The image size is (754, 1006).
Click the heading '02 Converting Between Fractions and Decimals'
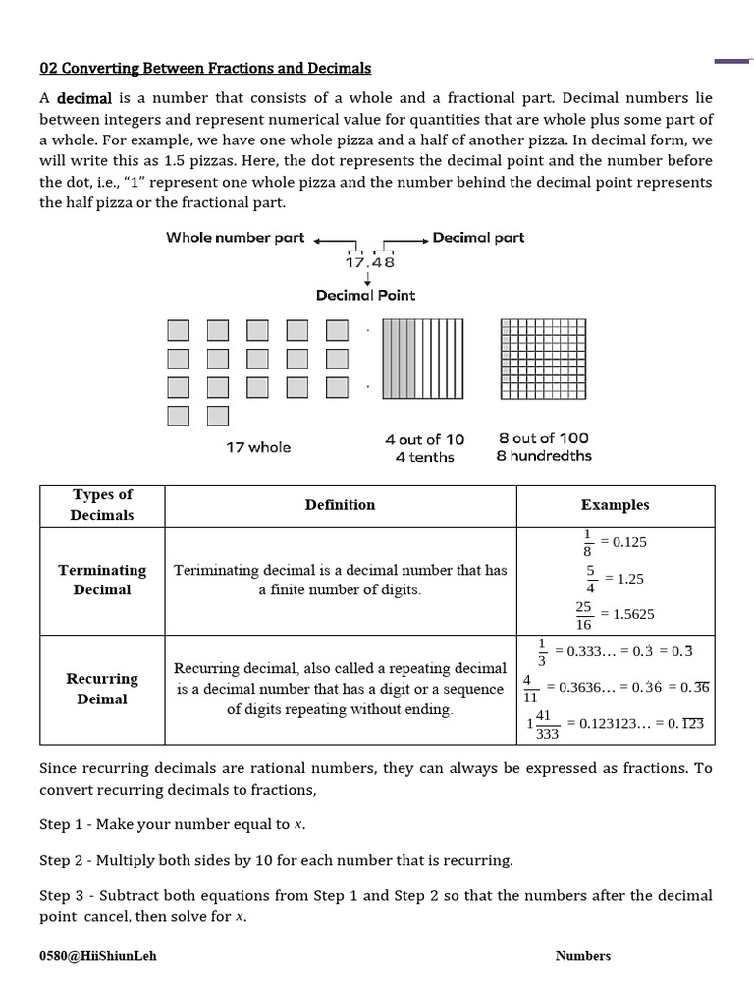(205, 68)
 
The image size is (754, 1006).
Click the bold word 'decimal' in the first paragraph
(85, 99)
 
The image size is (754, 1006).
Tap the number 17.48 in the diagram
(369, 263)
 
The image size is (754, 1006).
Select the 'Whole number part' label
(235, 238)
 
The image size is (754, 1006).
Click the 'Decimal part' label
(478, 238)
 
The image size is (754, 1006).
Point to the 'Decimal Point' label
(365, 295)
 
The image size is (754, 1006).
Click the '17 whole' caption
(258, 447)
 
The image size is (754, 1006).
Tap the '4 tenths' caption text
(424, 457)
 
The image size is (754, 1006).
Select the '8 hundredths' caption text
(544, 456)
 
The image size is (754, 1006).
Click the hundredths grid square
(544, 358)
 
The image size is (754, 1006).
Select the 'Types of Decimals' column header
(102, 505)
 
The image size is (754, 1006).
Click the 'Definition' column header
(340, 505)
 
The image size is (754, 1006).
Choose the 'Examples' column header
(615, 505)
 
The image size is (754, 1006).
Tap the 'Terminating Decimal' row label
(102, 580)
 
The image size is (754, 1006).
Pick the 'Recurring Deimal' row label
(102, 689)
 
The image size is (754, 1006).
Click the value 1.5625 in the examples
(633, 614)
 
